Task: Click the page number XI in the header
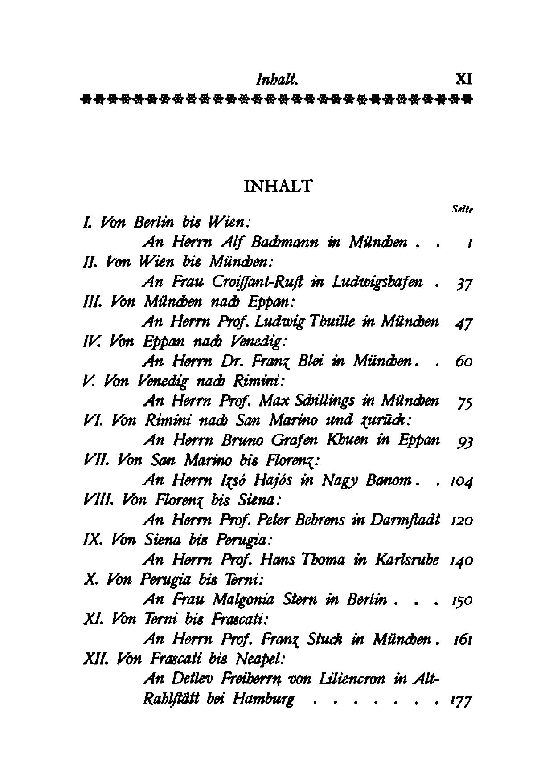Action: pos(464,79)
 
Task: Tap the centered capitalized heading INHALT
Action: pos(278,186)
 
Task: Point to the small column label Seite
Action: pos(462,209)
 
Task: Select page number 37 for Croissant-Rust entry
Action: pos(464,283)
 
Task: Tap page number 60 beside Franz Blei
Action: pos(464,362)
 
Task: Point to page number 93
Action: pos(465,442)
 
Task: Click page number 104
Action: pos(461,481)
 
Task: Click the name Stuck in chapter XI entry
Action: pos(327,639)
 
